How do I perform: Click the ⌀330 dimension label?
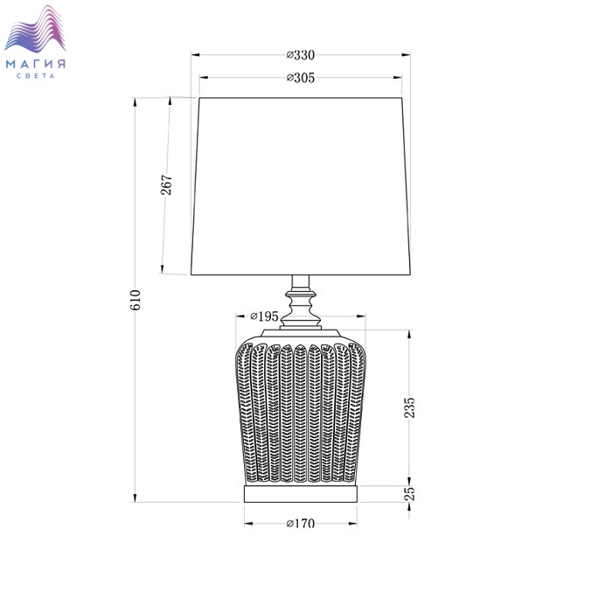(301, 55)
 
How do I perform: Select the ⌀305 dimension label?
(301, 78)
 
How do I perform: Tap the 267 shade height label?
(166, 185)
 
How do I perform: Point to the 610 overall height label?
(135, 300)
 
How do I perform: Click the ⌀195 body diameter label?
(264, 316)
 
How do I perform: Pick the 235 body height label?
(409, 407)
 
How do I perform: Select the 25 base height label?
(409, 494)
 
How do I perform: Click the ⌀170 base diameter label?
(301, 524)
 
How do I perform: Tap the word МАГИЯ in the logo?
(36, 64)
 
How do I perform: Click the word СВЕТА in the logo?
(36, 76)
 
